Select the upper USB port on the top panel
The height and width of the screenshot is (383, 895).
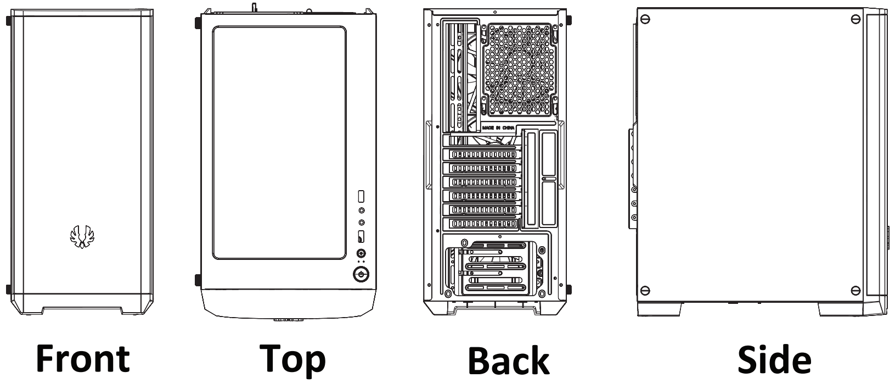pos(361,196)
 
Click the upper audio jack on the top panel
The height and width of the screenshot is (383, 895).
pos(361,210)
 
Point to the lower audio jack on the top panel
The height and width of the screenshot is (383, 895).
pos(361,223)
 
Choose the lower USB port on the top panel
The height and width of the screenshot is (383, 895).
pos(361,236)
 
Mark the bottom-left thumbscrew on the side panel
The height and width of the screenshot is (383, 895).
pos(646,290)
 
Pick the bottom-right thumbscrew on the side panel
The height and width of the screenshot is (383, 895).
pos(855,290)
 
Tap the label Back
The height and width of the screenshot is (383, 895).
pos(508,361)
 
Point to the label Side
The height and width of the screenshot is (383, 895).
pos(774,360)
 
